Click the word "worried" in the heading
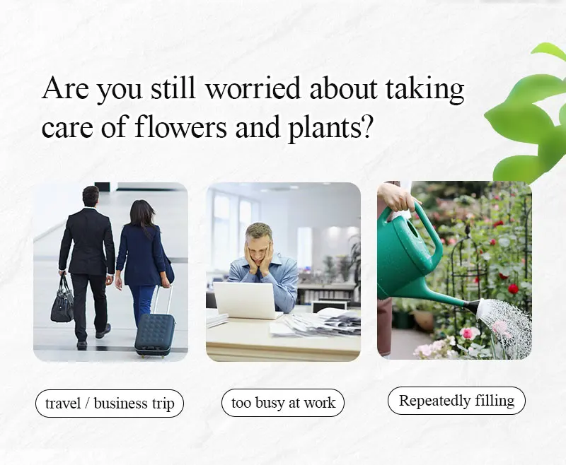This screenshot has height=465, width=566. [253, 88]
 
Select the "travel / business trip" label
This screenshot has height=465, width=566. [110, 404]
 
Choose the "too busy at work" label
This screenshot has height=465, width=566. [283, 403]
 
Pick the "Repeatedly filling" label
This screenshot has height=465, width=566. [456, 401]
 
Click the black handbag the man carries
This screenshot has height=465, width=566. [62, 301]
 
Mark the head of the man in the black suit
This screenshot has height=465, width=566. [91, 196]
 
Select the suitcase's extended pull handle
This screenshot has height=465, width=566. [163, 300]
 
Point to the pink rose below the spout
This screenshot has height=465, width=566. [468, 333]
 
